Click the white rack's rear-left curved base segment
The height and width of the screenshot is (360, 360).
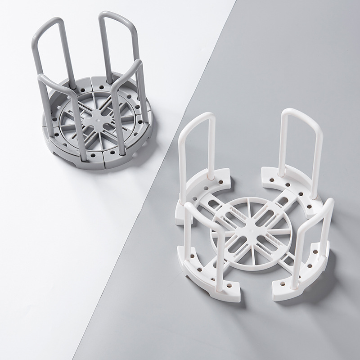click(x=211, y=184)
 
